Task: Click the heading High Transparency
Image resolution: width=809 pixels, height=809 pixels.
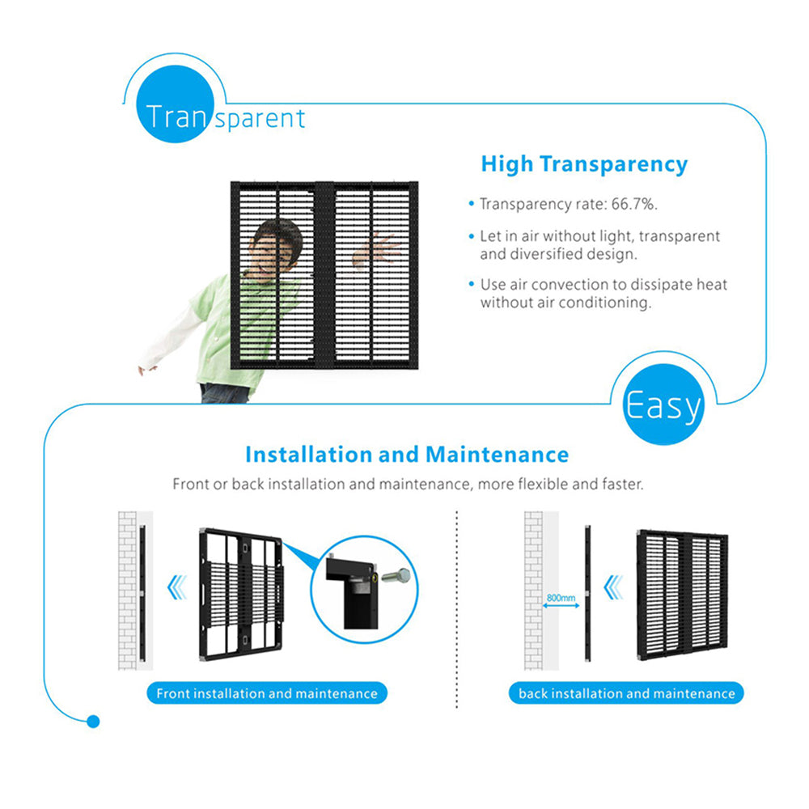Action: [584, 164]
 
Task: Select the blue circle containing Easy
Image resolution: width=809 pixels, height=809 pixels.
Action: [663, 404]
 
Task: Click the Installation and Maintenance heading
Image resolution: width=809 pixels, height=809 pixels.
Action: [406, 455]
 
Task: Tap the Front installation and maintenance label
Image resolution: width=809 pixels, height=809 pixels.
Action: [267, 693]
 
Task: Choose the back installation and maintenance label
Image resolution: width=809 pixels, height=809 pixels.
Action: [627, 693]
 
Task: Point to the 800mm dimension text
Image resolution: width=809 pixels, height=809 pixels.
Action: [561, 598]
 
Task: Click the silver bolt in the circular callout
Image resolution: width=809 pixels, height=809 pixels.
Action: [396, 577]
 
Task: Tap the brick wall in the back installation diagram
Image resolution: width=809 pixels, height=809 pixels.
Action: [533, 591]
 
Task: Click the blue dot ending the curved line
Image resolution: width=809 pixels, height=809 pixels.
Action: [93, 721]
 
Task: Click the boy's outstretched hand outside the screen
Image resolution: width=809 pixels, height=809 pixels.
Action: [147, 369]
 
